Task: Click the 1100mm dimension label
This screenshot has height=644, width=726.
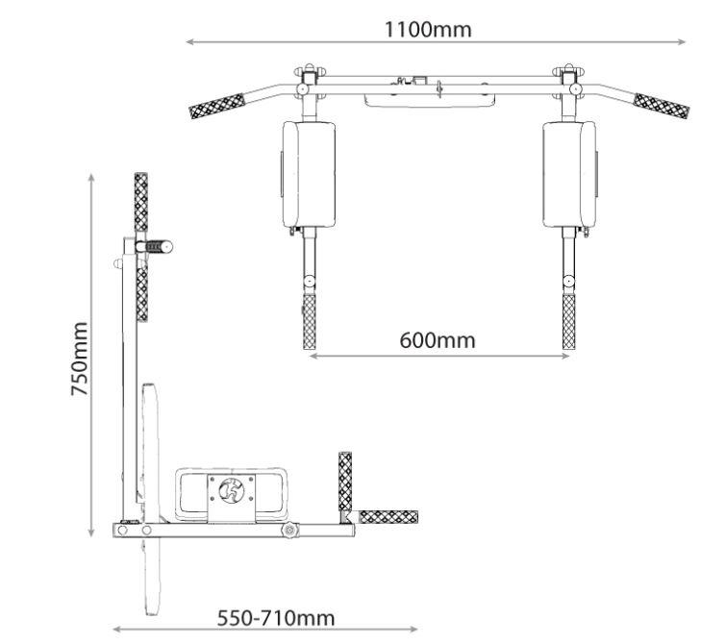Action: pyautogui.click(x=428, y=30)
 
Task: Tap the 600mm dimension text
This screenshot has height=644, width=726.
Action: pyautogui.click(x=438, y=340)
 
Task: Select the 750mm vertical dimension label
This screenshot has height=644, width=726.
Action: pyautogui.click(x=80, y=359)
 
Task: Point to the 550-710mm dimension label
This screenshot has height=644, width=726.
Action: pyautogui.click(x=276, y=618)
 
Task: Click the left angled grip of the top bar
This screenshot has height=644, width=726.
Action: pyautogui.click(x=217, y=106)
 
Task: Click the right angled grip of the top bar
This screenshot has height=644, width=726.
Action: pyautogui.click(x=662, y=106)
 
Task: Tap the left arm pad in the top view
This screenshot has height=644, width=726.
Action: pyautogui.click(x=309, y=175)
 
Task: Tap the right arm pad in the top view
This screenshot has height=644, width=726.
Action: pyautogui.click(x=569, y=175)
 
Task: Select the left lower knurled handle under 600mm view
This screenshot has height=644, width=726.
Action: pyautogui.click(x=309, y=321)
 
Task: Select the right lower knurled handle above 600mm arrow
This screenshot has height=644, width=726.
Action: pyautogui.click(x=568, y=321)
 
